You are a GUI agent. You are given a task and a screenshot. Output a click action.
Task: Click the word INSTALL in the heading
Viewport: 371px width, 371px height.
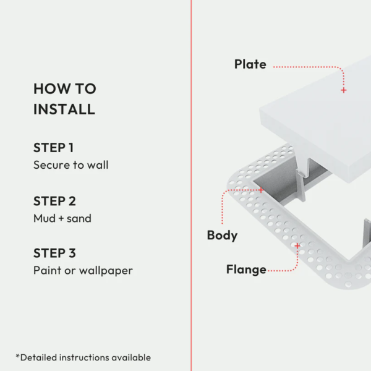coord(64,109)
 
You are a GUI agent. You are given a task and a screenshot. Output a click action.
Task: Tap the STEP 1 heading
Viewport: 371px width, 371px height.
coord(53,148)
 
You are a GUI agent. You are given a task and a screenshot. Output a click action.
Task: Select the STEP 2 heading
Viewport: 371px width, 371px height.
coord(54,201)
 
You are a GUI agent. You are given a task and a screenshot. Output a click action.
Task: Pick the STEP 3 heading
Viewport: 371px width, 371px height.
coord(54,253)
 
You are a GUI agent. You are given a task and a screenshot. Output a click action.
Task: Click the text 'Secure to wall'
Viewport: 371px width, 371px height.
coord(71,165)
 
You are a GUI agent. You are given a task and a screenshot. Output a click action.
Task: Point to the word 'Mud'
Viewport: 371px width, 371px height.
coord(45,218)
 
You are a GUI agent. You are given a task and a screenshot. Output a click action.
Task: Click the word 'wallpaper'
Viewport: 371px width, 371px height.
coord(106,271)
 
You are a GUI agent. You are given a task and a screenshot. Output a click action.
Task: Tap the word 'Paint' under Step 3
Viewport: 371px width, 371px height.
coord(48,270)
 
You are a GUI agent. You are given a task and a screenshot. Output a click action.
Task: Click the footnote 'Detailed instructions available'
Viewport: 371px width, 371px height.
coord(85,357)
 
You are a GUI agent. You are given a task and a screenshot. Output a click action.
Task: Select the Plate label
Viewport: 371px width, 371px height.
coord(250,64)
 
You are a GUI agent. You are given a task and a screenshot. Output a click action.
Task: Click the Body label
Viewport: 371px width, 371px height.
coord(222,236)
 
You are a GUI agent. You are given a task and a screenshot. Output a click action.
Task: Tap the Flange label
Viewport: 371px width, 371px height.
coord(246,270)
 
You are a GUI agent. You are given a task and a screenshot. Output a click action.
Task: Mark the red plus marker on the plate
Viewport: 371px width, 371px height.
coord(344,90)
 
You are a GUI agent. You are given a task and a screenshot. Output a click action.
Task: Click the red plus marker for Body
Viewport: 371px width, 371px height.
coord(261,190)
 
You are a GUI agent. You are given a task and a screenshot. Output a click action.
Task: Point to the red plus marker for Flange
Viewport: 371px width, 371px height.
coord(297,246)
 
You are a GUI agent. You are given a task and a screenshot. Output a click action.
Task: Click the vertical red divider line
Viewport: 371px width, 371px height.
coord(191,185)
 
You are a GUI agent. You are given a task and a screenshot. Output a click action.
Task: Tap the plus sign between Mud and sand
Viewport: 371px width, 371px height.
coord(61,218)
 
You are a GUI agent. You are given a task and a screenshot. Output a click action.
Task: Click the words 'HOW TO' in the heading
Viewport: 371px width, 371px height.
coord(65,88)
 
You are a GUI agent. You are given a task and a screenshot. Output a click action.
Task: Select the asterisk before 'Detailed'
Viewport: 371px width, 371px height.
coord(18,356)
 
